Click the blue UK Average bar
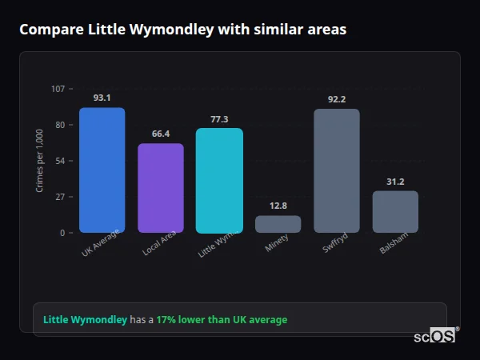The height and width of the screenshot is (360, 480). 102,170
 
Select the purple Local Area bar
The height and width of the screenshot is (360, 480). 161,188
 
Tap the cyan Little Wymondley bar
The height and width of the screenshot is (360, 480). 219,181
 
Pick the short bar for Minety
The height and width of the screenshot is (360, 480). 278,224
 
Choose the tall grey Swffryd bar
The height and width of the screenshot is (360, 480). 337,170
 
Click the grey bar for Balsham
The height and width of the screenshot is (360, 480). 395,212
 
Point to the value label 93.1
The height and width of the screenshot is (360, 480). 102,98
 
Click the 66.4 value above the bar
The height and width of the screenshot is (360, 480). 161,134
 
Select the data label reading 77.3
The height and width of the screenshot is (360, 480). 219,119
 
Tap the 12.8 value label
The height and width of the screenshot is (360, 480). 278,206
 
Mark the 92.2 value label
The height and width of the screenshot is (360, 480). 337,99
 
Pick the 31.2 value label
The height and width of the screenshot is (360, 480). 395,182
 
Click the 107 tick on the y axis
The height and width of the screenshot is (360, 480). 58,89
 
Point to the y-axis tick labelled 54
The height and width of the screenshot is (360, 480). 60,161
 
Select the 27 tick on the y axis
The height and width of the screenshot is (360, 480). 60,197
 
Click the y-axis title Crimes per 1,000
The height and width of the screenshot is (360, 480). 40,160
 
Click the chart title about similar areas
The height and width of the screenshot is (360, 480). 183,30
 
